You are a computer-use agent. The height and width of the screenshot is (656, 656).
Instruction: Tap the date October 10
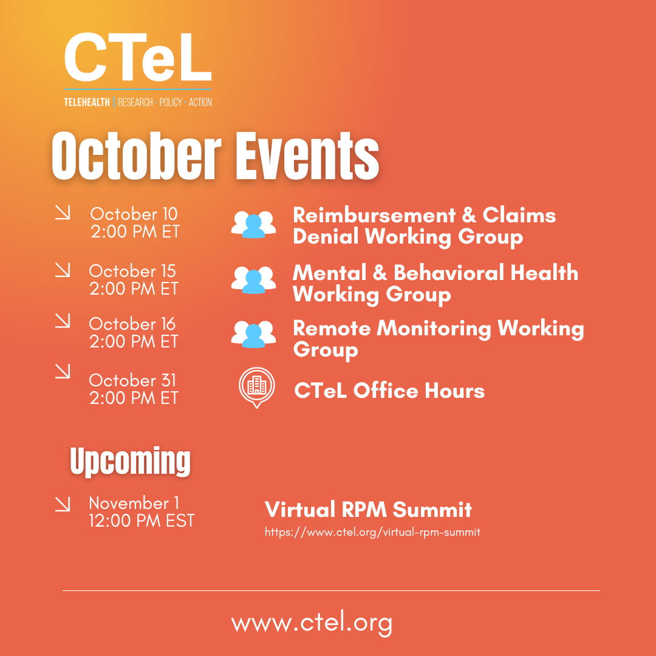tap(134, 214)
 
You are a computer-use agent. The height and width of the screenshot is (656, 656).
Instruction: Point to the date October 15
tap(132, 271)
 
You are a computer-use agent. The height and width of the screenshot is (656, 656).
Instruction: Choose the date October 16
tap(132, 324)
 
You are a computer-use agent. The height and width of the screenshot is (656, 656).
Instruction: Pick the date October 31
tap(132, 380)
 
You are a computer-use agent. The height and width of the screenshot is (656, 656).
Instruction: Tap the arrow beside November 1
tap(63, 504)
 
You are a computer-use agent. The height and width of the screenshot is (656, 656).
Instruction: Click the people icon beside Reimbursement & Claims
tap(254, 224)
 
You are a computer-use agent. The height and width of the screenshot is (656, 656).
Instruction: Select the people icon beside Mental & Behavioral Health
tap(254, 280)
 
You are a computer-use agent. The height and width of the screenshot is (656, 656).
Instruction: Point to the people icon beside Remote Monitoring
tap(254, 335)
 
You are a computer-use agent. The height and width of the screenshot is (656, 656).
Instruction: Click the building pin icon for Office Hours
tap(256, 387)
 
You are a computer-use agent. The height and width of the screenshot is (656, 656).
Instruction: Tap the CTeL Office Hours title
tap(389, 391)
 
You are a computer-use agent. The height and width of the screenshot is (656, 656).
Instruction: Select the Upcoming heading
tap(130, 462)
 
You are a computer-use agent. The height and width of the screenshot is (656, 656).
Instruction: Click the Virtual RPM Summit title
tap(368, 509)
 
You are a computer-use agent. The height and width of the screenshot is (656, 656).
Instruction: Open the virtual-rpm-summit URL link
tap(372, 532)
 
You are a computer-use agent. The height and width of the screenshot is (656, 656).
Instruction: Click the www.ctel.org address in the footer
tap(312, 623)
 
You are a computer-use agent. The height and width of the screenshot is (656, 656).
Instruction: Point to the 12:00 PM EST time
tap(142, 521)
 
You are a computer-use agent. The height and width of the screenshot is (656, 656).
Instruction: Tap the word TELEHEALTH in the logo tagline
tap(87, 102)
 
